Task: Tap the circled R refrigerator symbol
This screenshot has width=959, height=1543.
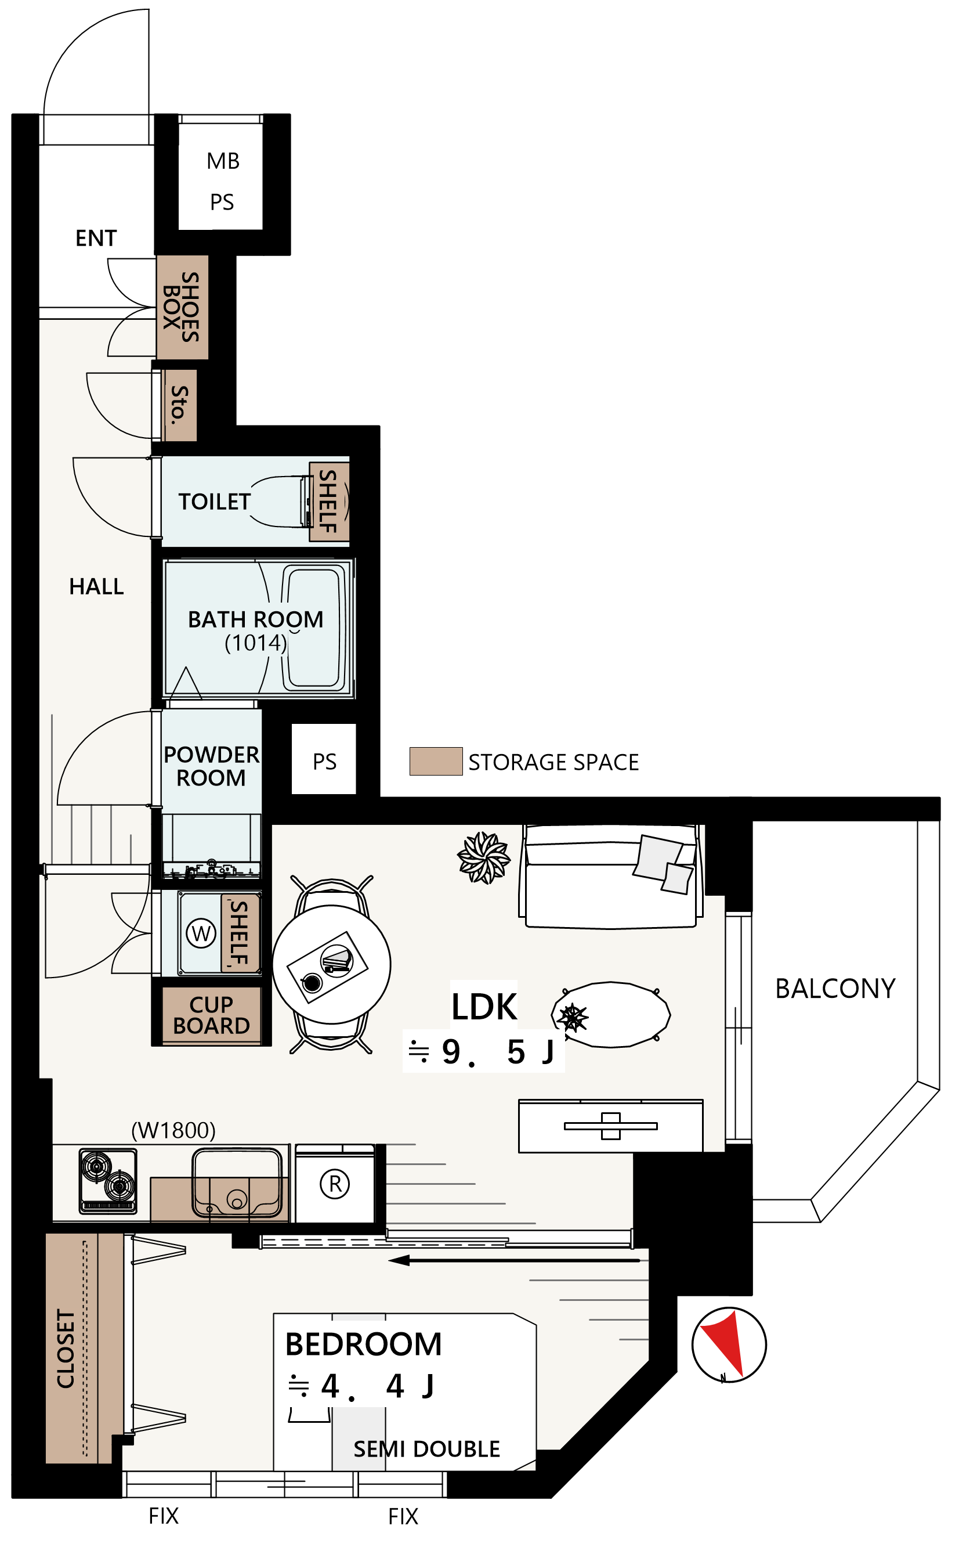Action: click(x=335, y=1184)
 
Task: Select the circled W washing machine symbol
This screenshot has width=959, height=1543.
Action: click(x=201, y=933)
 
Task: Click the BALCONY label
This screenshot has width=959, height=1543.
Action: click(x=835, y=989)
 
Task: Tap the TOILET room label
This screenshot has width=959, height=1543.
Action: click(x=215, y=502)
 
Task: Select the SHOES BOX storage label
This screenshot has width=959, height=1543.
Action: click(x=182, y=307)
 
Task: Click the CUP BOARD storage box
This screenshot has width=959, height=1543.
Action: click(x=211, y=1015)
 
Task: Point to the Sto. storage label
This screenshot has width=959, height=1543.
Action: click(x=180, y=404)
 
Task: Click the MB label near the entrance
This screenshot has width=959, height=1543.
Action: click(x=223, y=161)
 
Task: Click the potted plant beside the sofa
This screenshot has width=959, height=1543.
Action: click(x=484, y=858)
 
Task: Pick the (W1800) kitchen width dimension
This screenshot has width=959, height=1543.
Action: click(x=173, y=1130)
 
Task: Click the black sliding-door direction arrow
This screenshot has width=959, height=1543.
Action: click(x=515, y=1260)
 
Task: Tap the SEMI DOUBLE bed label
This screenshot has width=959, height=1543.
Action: click(x=427, y=1449)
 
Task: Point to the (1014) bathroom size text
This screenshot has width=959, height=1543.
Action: click(x=256, y=643)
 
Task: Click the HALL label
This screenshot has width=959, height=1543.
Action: click(x=96, y=587)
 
